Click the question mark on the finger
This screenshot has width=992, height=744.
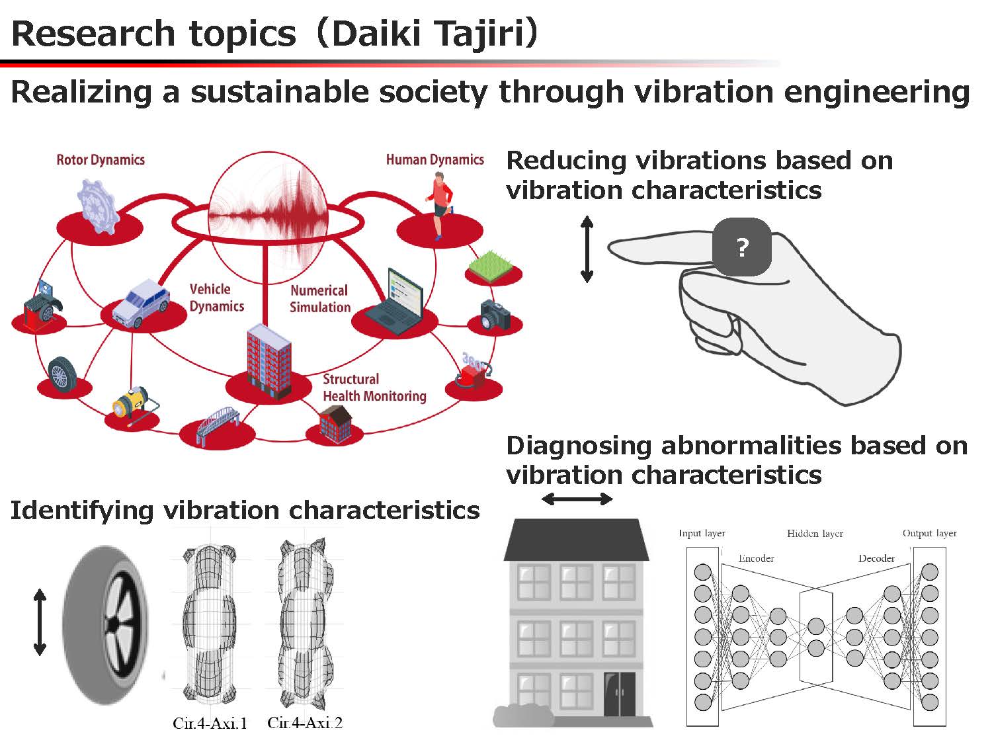pyautogui.click(x=741, y=247)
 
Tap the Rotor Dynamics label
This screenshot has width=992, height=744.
pyautogui.click(x=101, y=160)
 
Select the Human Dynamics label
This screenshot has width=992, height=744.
pyautogui.click(x=434, y=159)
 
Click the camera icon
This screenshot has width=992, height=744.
pyautogui.click(x=495, y=314)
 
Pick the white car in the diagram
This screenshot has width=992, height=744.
pyautogui.click(x=141, y=303)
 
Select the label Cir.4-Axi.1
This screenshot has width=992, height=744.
pyautogui.click(x=210, y=723)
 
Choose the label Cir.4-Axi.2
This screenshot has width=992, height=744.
pyautogui.click(x=305, y=723)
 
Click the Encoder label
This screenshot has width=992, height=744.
pyautogui.click(x=756, y=559)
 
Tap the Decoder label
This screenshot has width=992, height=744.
pyautogui.click(x=876, y=559)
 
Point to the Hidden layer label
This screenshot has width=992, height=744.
pyautogui.click(x=815, y=534)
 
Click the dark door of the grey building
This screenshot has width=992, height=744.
pyautogui.click(x=619, y=694)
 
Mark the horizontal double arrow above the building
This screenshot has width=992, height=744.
pyautogui.click(x=577, y=499)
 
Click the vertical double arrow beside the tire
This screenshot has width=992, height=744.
pyautogui.click(x=40, y=622)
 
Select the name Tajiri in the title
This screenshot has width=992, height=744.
pyautogui.click(x=479, y=34)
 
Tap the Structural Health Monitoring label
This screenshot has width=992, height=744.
pyautogui.click(x=374, y=388)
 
